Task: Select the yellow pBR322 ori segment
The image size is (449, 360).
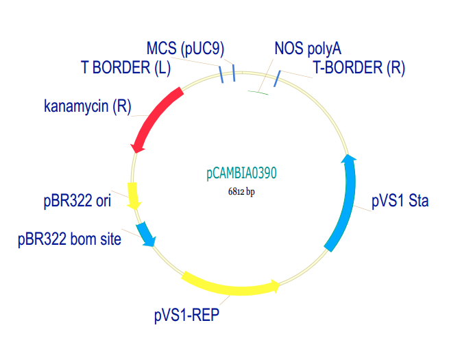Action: click(x=134, y=195)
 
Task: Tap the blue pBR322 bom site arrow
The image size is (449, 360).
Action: click(x=145, y=233)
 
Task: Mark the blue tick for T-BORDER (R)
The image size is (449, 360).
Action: click(x=276, y=81)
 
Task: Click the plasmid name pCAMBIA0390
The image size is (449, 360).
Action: click(x=241, y=174)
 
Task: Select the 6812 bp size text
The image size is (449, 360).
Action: click(x=241, y=192)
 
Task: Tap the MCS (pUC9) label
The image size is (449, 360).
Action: click(x=186, y=49)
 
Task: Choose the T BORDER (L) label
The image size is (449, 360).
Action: click(x=125, y=68)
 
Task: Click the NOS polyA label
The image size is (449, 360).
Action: click(x=307, y=49)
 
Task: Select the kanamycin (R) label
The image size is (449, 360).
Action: click(x=87, y=106)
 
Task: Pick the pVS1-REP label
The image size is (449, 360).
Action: click(x=186, y=315)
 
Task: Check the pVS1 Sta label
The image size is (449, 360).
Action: click(x=400, y=202)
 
